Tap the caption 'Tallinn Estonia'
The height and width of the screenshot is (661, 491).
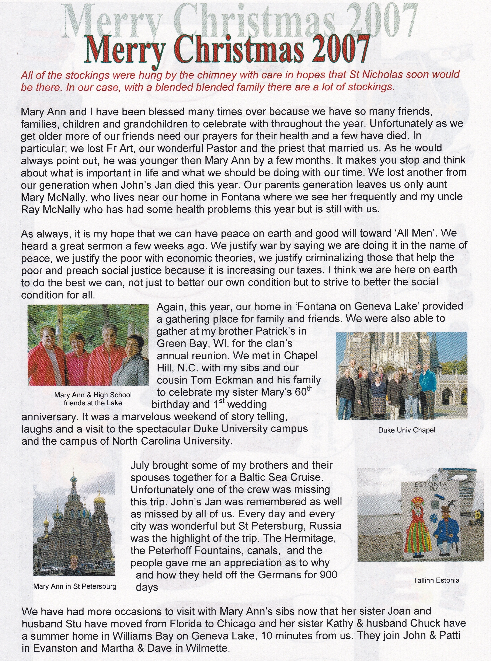pos(436,580)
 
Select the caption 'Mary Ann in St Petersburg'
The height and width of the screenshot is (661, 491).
pos(75,586)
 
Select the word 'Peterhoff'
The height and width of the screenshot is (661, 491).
pos(170,550)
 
